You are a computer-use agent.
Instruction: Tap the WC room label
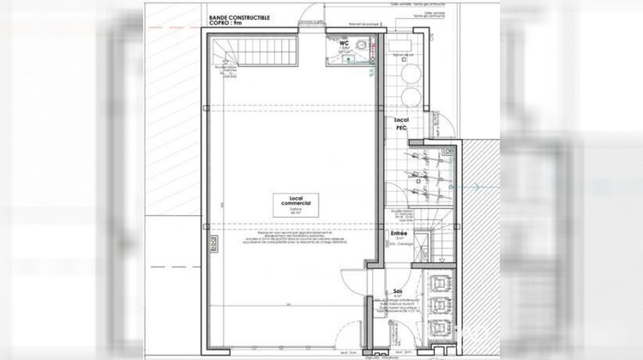(343, 40)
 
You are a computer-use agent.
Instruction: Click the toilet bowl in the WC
(364, 48)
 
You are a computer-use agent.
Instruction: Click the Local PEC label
(400, 125)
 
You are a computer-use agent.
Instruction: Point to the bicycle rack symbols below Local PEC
(423, 171)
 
